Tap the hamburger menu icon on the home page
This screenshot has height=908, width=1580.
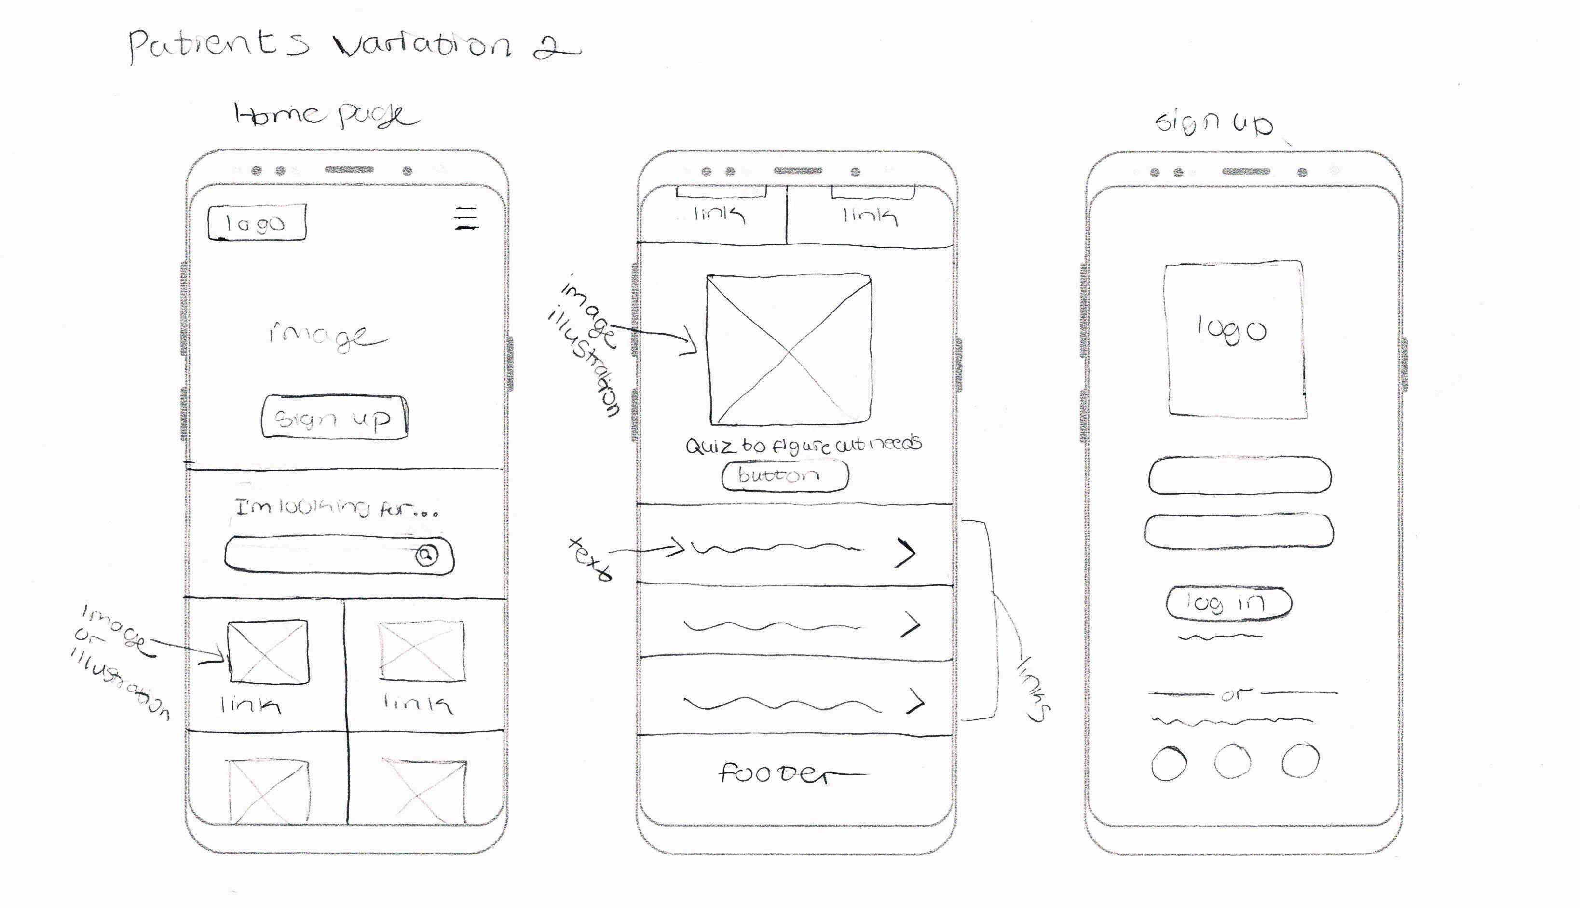[466, 218]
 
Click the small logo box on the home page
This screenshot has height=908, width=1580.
[257, 222]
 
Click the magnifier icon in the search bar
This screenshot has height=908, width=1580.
[427, 554]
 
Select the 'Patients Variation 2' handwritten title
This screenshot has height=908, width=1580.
[353, 45]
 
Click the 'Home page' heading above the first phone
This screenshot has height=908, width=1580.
[326, 115]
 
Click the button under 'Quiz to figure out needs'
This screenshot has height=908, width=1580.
[785, 476]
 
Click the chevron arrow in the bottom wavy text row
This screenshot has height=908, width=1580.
[915, 701]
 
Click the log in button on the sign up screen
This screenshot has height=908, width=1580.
[1227, 603]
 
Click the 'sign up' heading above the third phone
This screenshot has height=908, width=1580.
[1213, 122]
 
